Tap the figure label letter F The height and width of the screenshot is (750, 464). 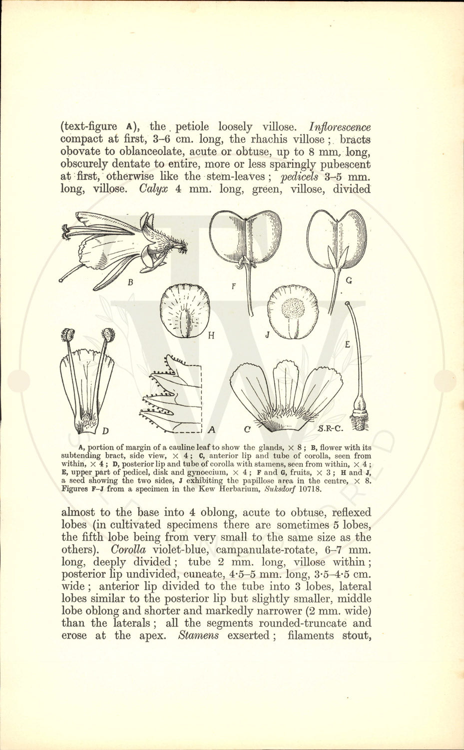[x=233, y=286]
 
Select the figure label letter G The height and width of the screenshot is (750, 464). [x=349, y=281]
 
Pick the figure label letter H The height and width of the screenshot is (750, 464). [x=211, y=335]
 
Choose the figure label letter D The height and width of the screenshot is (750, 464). [x=105, y=431]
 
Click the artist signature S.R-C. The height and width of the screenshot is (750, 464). [x=333, y=429]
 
